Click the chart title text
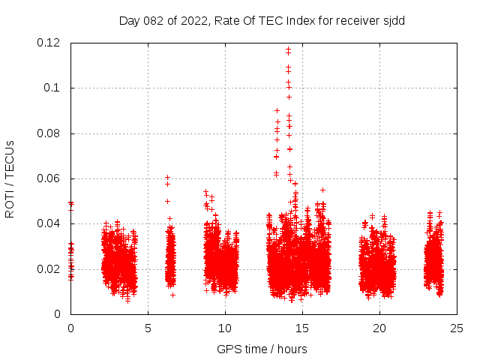[x=262, y=20]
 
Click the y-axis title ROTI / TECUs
[x=10, y=178]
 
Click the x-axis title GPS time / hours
[x=262, y=348]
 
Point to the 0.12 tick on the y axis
[x=49, y=43]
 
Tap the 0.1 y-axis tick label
[x=52, y=88]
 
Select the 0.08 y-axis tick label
[x=49, y=133]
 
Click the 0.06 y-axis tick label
[x=49, y=178]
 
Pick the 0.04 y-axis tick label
[x=49, y=223]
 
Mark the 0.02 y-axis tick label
[x=49, y=269]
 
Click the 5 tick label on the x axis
[x=148, y=328]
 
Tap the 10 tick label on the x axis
[x=225, y=328]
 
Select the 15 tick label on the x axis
[x=302, y=328]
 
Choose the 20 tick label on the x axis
[x=379, y=328]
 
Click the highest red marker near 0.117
[x=288, y=49]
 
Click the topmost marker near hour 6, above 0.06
[x=168, y=178]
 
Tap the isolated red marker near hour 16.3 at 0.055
[x=322, y=190]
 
